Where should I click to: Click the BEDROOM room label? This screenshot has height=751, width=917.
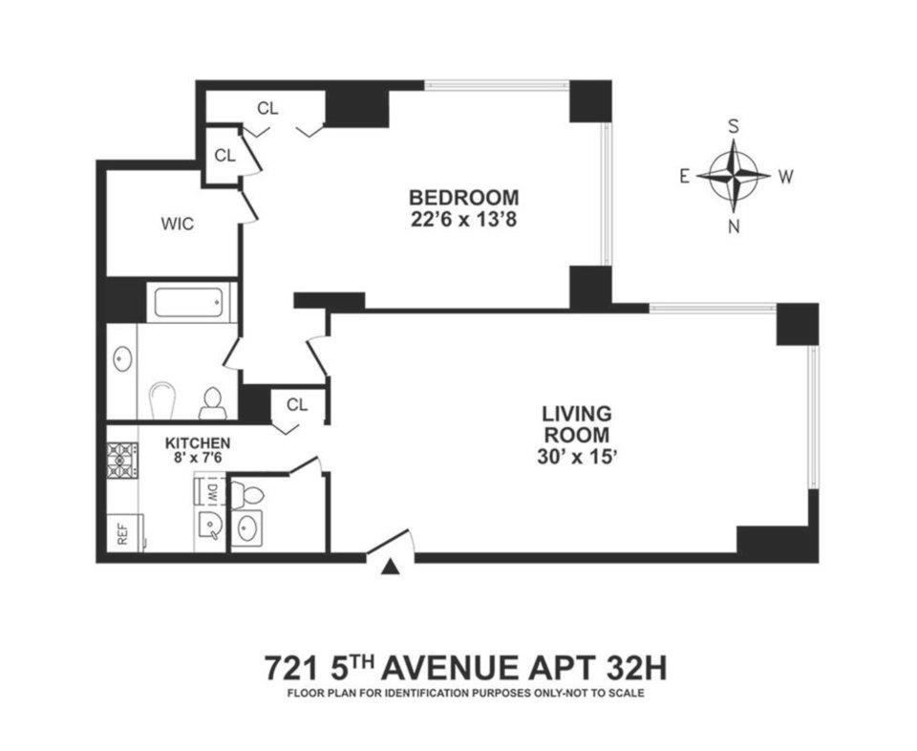pos(463,197)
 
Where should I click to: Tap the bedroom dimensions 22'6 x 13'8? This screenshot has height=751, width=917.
pos(463,221)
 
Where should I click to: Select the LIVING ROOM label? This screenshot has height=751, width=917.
pos(577,424)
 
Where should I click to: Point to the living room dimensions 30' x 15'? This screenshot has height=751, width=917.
pos(577,457)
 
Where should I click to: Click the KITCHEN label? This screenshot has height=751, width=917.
pos(197,442)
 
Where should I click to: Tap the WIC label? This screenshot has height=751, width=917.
pos(178,224)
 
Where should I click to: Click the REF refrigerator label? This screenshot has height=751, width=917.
pos(123,533)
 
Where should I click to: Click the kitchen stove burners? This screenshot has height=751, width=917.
pos(121,460)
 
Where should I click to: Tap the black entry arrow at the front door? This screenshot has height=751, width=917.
pos(391,567)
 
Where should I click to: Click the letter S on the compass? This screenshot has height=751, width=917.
pos(733,127)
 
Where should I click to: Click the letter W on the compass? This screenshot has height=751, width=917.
pos(785,176)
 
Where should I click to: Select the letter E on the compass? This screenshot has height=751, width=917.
pos(684,176)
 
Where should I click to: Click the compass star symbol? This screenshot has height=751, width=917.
pos(734,175)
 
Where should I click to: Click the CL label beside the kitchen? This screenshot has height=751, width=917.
pos(297,404)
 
